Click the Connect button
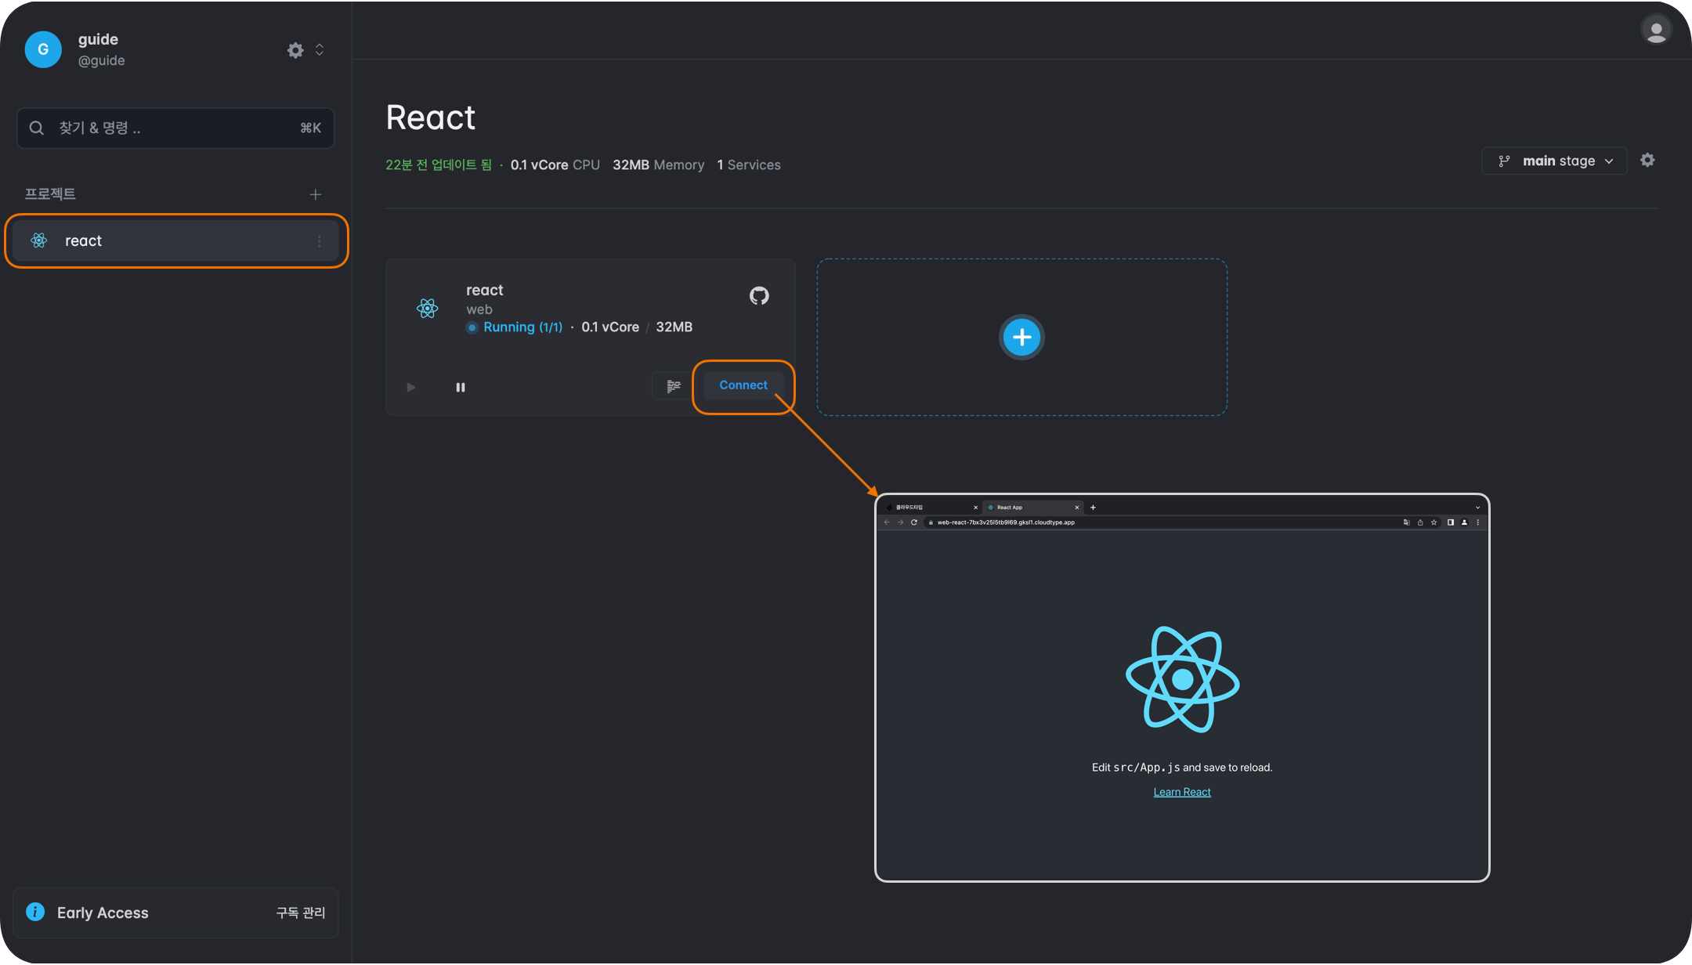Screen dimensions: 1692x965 coord(743,385)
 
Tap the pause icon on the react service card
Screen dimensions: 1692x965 coord(461,387)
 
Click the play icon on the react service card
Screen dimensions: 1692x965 coord(411,387)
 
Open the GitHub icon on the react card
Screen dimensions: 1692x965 coord(759,296)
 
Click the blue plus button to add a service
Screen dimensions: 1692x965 coord(1021,338)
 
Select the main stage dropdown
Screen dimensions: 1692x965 coord(1555,161)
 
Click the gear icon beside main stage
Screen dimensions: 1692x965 coord(1647,160)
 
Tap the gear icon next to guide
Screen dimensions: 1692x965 coord(295,50)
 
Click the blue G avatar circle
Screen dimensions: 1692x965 coord(43,49)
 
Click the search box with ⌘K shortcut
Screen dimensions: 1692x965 coord(175,128)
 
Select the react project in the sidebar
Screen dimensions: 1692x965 coord(176,240)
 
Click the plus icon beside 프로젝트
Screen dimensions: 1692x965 coord(315,194)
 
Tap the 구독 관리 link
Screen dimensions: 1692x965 coord(300,913)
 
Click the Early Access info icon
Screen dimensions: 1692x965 coord(35,912)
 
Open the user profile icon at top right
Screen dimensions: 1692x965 coord(1656,31)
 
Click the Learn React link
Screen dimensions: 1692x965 coord(1182,792)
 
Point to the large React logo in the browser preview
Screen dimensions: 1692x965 coord(1182,679)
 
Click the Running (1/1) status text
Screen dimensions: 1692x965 coord(522,327)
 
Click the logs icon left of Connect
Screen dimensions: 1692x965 coord(674,385)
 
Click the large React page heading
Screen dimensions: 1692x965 coord(430,117)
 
